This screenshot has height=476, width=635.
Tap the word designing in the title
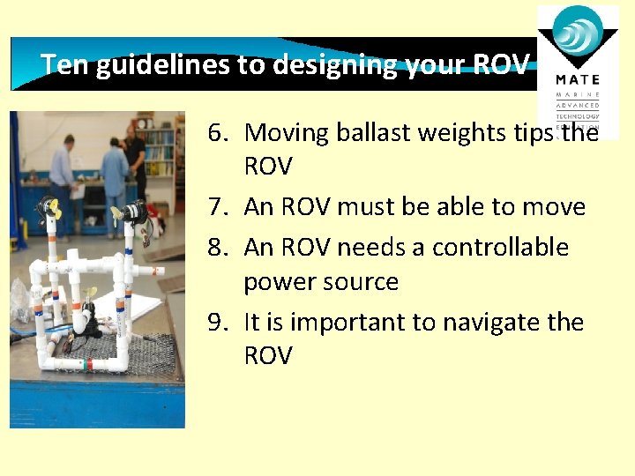coord(319,64)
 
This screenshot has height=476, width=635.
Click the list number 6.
coord(218,132)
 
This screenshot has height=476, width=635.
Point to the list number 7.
coord(218,207)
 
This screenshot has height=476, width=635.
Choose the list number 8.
coord(218,247)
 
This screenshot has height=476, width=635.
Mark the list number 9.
coord(218,322)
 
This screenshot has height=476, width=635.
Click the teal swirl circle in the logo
coord(579,35)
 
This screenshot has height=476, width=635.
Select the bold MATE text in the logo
coord(578,79)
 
